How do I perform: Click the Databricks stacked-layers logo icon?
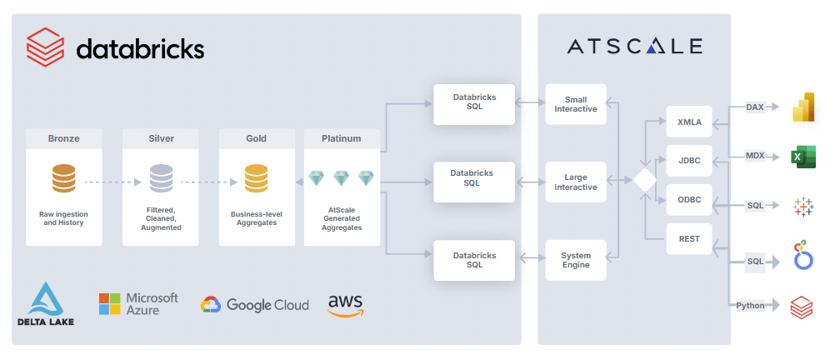45,47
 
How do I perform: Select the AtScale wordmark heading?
634,46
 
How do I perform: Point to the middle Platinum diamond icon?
342,178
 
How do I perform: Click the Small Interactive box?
576,103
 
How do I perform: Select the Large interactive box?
576,182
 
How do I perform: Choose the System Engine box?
576,260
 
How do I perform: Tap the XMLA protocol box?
688,122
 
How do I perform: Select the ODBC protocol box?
688,201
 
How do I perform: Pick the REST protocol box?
688,240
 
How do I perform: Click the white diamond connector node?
643,181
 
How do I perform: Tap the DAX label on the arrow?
755,107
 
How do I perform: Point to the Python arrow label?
751,306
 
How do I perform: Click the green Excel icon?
802,157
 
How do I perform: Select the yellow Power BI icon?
802,109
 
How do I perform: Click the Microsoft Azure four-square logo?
109,304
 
